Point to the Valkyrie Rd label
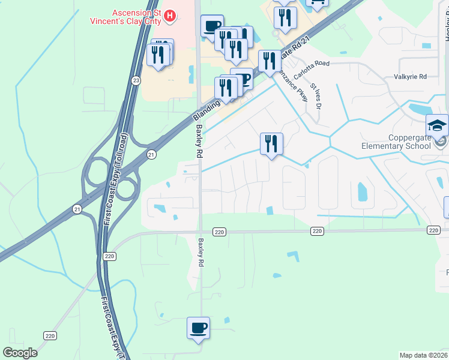coord(409,77)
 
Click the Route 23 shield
coord(137,80)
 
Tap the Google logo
coord(20,352)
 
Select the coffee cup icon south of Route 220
coord(198,328)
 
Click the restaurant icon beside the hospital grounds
coord(158,55)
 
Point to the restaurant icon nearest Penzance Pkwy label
coord(270,61)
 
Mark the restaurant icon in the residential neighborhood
coord(271,144)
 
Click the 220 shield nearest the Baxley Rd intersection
coord(219,232)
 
